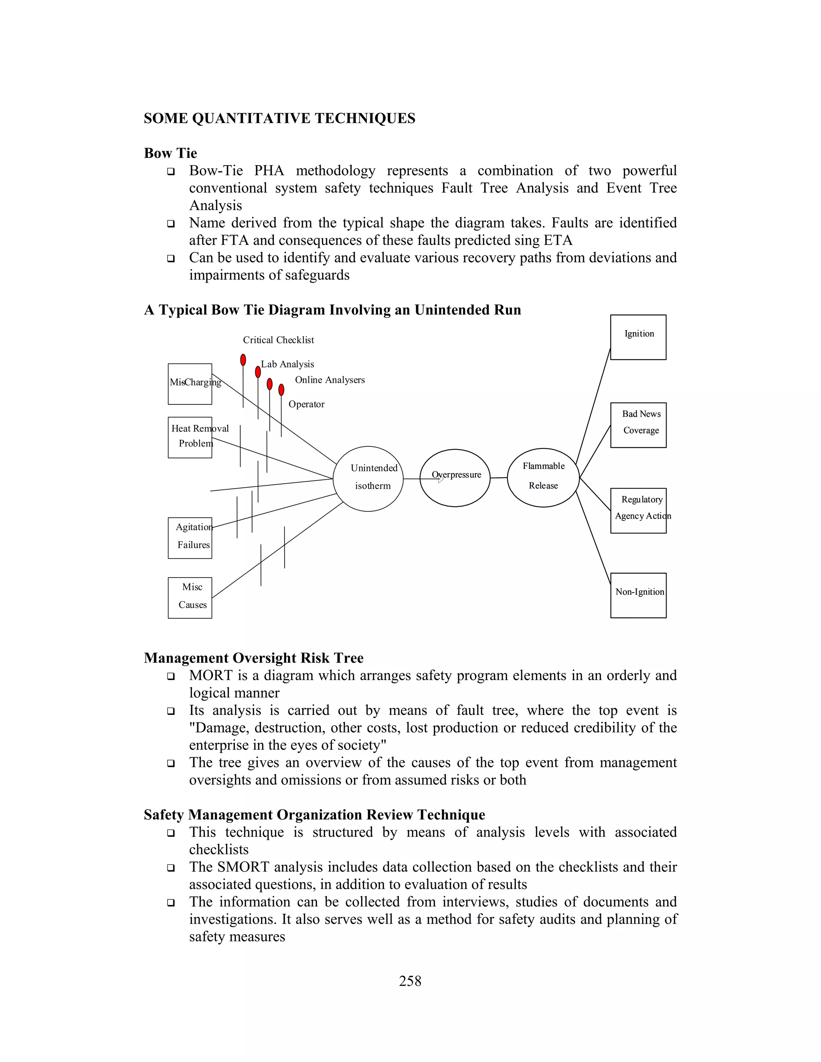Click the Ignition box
[x=638, y=337]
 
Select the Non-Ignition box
[x=638, y=595]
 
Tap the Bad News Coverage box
[x=638, y=425]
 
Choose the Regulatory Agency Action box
[x=638, y=511]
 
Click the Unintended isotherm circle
[x=368, y=479]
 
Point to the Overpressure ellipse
[x=455, y=478]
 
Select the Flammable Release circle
[x=543, y=478]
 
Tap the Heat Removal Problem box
[x=190, y=437]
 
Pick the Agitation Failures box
[x=190, y=538]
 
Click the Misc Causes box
[x=190, y=598]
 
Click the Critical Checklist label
[x=278, y=340]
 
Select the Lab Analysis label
[x=287, y=364]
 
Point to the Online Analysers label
[x=330, y=380]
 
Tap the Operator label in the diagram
[x=306, y=404]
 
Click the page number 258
[x=410, y=981]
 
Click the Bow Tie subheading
[x=170, y=153]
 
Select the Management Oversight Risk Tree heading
[x=253, y=658]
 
